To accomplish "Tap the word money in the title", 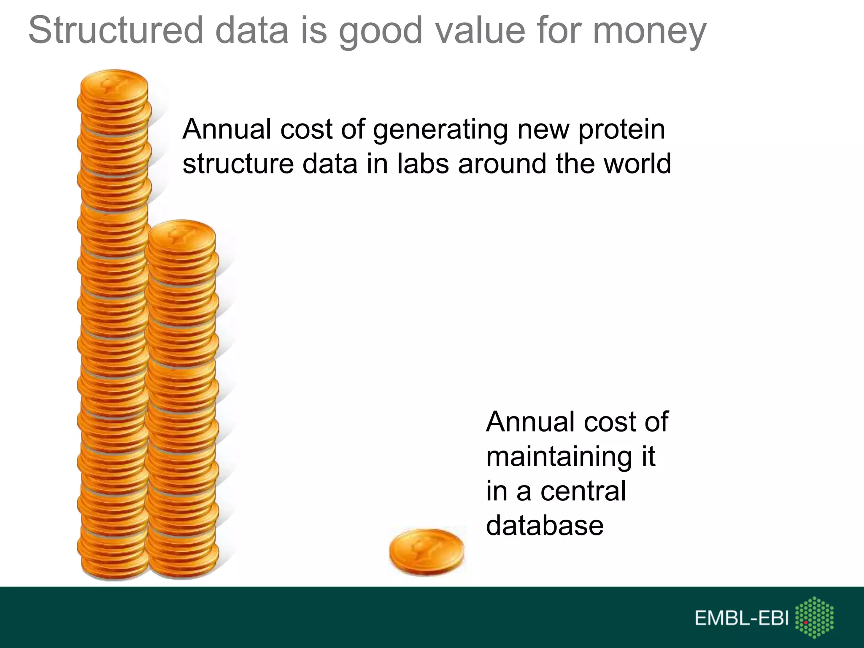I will pos(649,32).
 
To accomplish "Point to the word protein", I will pos(621,130).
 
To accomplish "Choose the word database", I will pos(545,526).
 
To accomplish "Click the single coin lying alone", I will pos(426,551).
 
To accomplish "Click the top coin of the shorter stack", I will pos(182,236).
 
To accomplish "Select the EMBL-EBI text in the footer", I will pos(741,618).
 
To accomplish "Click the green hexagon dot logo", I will pos(814,618).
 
